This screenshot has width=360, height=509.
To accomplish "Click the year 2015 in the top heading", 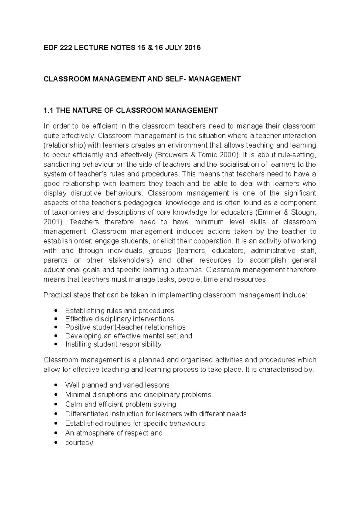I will [193, 48].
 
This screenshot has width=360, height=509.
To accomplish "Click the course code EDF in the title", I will [50, 48].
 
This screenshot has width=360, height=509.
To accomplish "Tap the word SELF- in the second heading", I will [173, 79].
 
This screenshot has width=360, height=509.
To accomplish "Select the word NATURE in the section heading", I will [86, 111].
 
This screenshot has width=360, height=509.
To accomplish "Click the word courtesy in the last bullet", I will [79, 443].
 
